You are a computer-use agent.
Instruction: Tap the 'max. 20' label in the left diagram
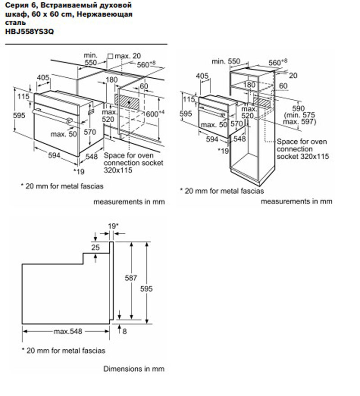tap(128, 56)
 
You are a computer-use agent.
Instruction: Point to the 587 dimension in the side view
tap(131, 278)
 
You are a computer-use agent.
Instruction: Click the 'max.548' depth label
tap(68, 332)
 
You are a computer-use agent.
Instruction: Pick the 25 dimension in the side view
tap(95, 247)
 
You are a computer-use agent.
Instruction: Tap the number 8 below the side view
tap(125, 331)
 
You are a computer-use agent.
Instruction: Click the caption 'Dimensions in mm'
tap(134, 369)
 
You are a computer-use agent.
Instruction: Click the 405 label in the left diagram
tap(43, 78)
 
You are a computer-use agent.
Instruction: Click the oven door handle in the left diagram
tap(52, 115)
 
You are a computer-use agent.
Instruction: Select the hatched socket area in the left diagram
tap(131, 102)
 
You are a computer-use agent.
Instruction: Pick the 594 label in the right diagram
tap(211, 140)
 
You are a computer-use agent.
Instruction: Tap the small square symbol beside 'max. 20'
tap(110, 56)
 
